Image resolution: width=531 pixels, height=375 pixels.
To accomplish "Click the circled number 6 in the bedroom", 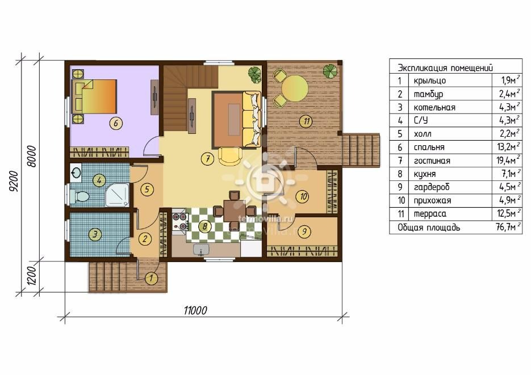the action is [116, 123].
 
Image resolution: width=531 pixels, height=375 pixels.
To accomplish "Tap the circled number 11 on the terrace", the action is [307, 121].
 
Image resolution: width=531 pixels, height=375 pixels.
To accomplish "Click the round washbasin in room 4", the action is [76, 173].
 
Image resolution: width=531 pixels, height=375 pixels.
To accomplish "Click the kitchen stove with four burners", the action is [180, 221].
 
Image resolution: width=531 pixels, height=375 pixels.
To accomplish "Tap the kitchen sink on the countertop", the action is [201, 250].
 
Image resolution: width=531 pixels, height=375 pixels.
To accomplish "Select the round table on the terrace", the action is [295, 89].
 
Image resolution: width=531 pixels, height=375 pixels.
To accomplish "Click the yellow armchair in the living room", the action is [230, 156].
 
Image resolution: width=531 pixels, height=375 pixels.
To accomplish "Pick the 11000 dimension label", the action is [195, 310].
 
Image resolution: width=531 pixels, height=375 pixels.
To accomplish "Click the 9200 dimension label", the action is [13, 182].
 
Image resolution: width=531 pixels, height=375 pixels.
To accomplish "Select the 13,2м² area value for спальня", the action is [508, 147].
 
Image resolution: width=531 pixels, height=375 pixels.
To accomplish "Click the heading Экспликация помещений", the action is [445, 68].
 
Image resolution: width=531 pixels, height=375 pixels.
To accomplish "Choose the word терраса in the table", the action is [430, 214].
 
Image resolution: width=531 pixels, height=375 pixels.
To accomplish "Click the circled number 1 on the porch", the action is [151, 279].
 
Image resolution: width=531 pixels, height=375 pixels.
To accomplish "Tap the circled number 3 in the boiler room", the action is [95, 234].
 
